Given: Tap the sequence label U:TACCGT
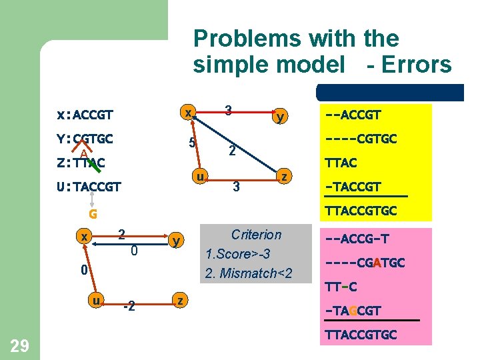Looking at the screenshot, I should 89,187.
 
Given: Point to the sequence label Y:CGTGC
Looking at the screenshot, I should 85,139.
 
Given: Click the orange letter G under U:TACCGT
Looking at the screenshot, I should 93,214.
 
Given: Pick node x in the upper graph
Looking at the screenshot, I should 189,113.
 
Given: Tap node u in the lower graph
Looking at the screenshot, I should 97,301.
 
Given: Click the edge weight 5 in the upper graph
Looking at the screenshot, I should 191,143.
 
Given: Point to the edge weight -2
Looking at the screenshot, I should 131,306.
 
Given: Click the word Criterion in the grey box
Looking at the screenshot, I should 256,235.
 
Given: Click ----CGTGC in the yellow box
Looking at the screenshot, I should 361,139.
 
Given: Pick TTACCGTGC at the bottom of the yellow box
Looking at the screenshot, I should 361,211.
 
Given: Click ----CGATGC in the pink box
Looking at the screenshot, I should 365,263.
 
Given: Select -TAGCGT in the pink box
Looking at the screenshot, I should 353,310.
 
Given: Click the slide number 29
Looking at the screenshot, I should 19,345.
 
